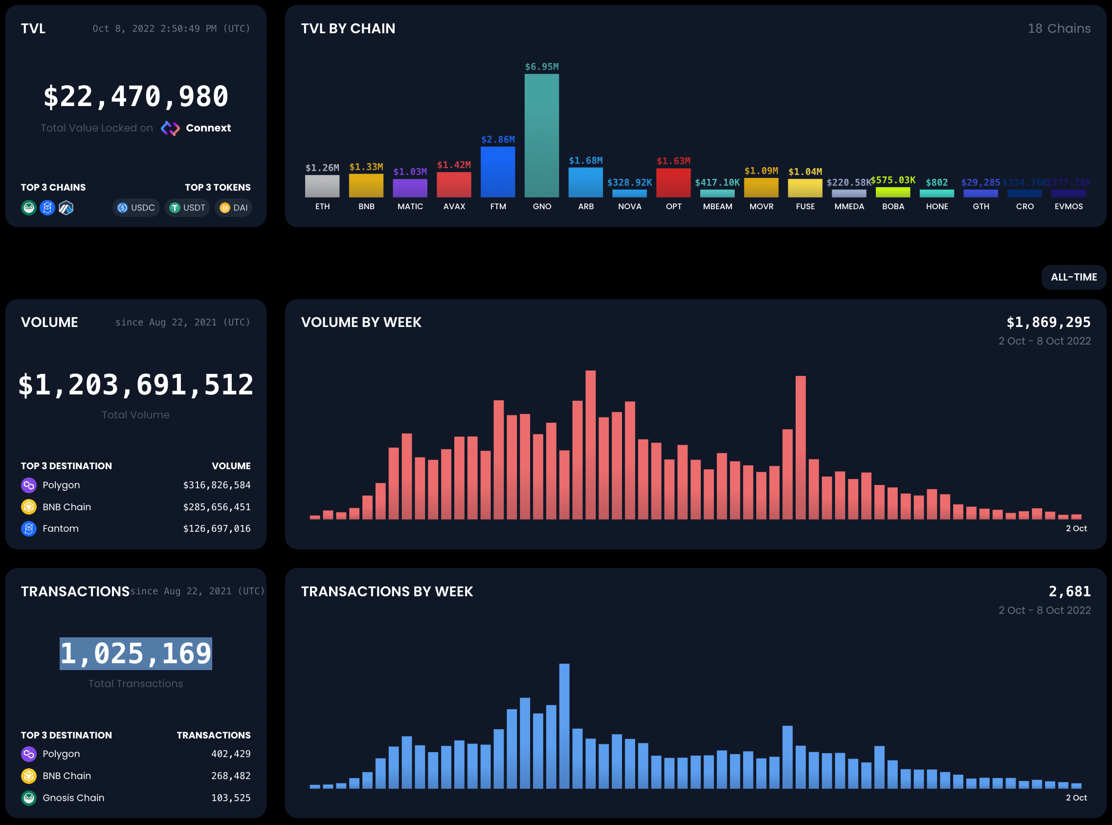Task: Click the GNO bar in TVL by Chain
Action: tap(541, 135)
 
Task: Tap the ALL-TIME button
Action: tap(1073, 277)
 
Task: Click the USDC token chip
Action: tap(136, 208)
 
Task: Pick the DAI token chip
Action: tap(233, 208)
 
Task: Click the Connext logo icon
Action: tap(170, 129)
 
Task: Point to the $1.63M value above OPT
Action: tap(673, 161)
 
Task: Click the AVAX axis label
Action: tap(454, 206)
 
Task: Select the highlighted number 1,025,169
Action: tap(136, 653)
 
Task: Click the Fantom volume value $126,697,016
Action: tap(217, 528)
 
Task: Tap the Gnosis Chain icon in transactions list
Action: tap(29, 798)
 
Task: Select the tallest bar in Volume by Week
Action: tap(590, 444)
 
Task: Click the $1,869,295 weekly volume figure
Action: tap(1048, 322)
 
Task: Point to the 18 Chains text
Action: tap(1059, 28)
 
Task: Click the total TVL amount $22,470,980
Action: tap(136, 96)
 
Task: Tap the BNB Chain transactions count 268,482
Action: tap(231, 776)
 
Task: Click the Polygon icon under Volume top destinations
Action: tap(29, 485)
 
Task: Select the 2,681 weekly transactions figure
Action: tap(1069, 591)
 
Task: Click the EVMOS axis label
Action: tap(1068, 206)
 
